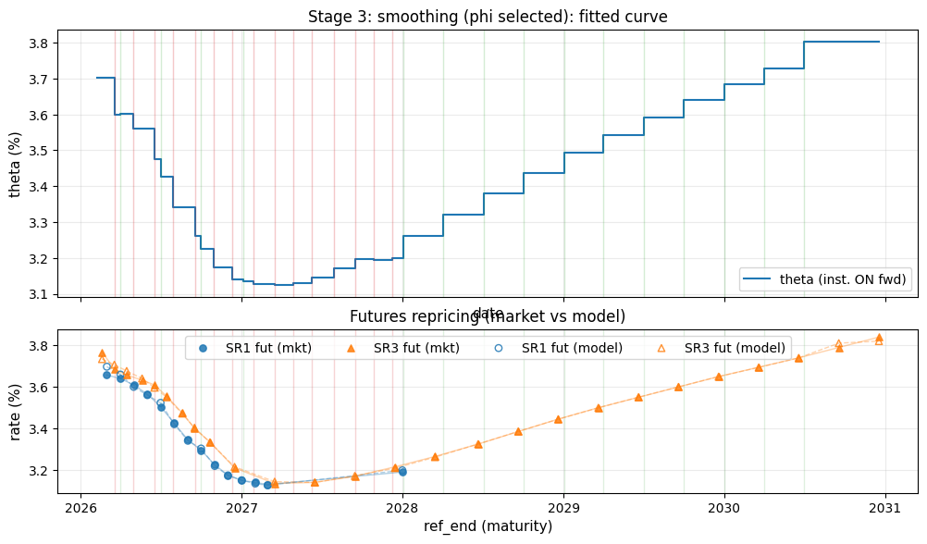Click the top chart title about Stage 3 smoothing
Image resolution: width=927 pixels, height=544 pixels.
[488, 17]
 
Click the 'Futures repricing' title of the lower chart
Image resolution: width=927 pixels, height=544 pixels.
[488, 316]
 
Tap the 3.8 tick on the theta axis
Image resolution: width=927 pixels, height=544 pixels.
[44, 43]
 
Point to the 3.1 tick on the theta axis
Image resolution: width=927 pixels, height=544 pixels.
[44, 294]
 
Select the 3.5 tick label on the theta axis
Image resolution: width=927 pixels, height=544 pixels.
[44, 151]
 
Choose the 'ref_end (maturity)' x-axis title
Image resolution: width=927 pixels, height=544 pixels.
[488, 526]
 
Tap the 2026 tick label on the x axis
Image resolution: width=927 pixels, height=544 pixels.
[80, 508]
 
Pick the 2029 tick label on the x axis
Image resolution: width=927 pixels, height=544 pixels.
[563, 508]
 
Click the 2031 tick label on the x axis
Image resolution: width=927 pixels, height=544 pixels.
[885, 508]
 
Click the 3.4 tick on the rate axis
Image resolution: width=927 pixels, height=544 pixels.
[44, 429]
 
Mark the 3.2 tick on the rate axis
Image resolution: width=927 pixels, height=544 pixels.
[44, 471]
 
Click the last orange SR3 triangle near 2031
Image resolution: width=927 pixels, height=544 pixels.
[879, 338]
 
